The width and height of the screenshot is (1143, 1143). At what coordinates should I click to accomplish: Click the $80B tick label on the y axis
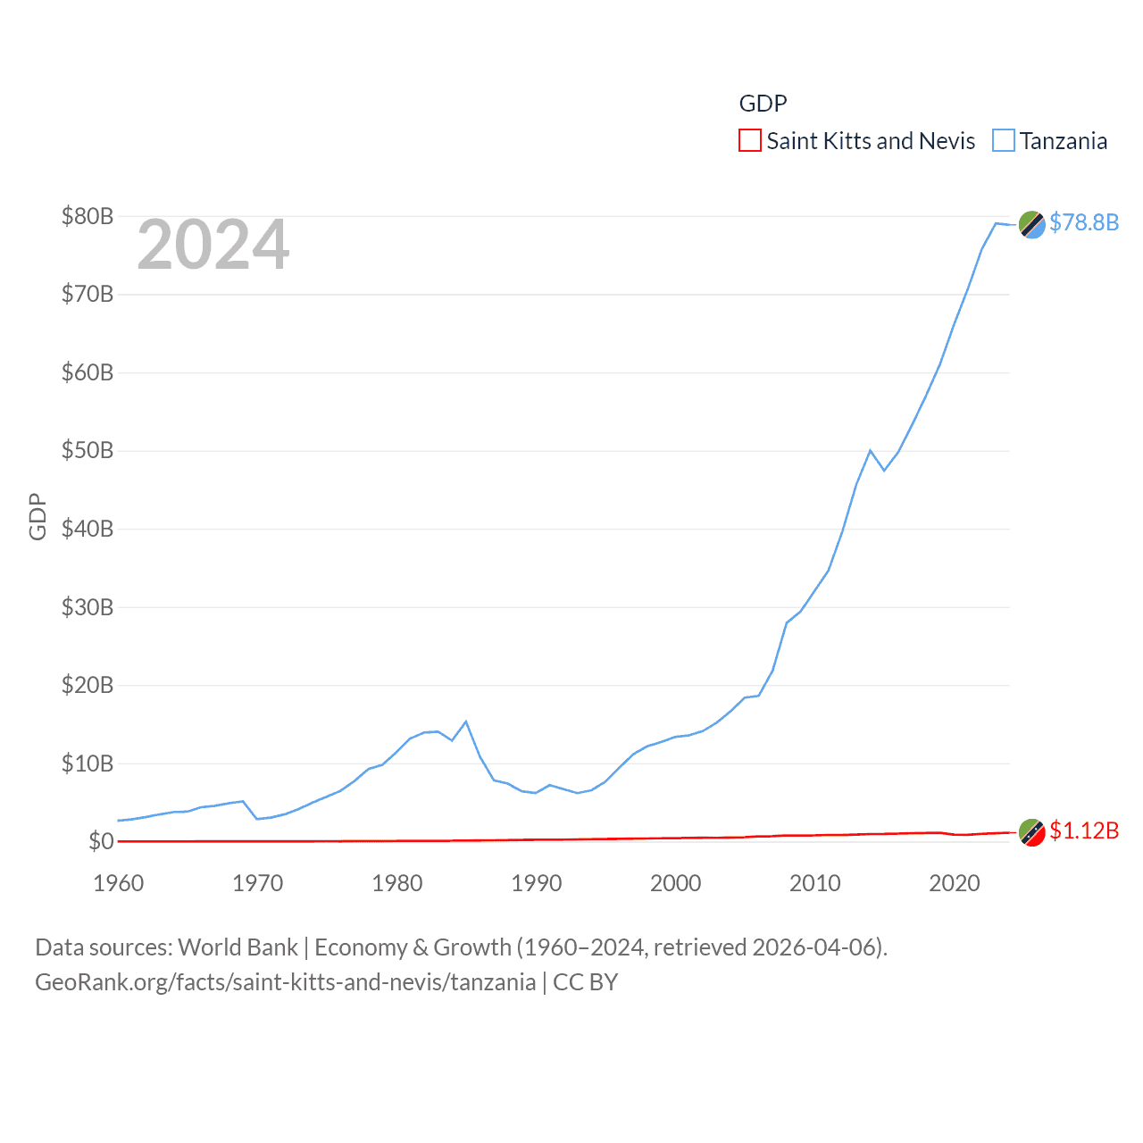[x=88, y=216]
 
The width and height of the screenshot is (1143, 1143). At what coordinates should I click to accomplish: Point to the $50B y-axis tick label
[x=88, y=450]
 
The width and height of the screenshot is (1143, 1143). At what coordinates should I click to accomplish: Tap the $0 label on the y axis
[x=101, y=841]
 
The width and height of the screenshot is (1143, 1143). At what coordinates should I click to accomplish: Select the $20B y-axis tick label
[x=88, y=685]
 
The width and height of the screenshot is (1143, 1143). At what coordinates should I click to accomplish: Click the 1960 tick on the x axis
[x=119, y=883]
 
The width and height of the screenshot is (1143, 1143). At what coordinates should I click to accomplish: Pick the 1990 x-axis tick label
[x=537, y=883]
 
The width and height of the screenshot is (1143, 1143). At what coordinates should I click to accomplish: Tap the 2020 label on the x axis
[x=955, y=883]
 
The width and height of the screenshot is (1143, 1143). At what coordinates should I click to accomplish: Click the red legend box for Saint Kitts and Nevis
[x=750, y=141]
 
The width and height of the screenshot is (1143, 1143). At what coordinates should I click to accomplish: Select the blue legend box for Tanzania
[x=1004, y=141]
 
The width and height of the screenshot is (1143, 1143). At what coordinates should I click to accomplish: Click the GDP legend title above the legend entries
[x=763, y=104]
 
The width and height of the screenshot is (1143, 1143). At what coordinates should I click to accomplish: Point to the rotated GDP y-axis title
[x=38, y=516]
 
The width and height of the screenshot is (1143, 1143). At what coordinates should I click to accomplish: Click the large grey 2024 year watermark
[x=213, y=245]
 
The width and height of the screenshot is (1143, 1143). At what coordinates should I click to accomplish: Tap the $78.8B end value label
[x=1084, y=222]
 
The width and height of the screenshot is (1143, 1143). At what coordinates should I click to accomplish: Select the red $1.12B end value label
[x=1084, y=830]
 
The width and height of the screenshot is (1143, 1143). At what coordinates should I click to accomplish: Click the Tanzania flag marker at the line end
[x=1032, y=225]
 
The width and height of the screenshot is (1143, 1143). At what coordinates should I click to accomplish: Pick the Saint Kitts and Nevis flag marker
[x=1032, y=832]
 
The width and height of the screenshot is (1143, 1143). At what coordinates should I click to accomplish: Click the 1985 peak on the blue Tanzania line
[x=466, y=722]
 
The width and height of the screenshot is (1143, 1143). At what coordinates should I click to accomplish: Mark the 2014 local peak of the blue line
[x=870, y=451]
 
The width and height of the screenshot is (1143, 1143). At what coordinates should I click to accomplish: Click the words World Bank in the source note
[x=238, y=947]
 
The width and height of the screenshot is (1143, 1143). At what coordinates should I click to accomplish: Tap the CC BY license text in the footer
[x=586, y=982]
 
